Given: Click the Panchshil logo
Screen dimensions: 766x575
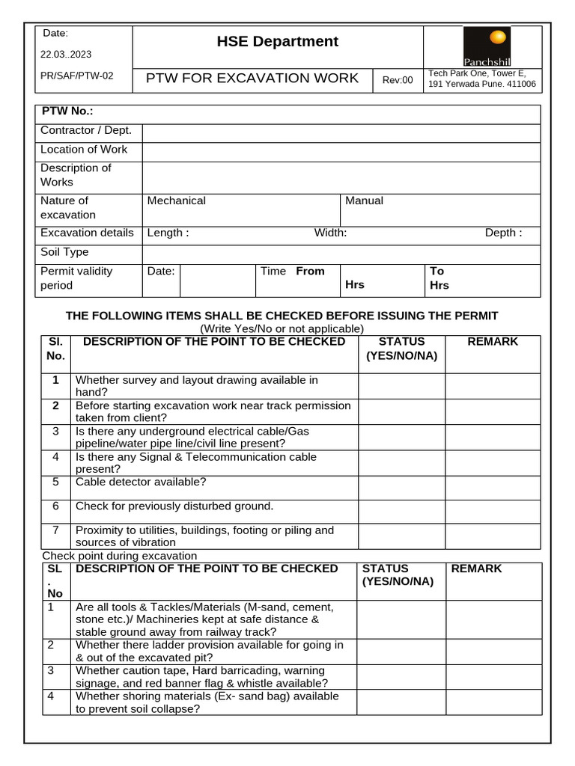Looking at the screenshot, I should [487, 46].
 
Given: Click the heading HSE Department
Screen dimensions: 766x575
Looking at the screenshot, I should [278, 42].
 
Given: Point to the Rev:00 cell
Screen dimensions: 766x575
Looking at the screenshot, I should [398, 80].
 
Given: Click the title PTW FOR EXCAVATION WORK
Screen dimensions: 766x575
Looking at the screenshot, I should [252, 79].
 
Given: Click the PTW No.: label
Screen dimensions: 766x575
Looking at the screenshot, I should [67, 111].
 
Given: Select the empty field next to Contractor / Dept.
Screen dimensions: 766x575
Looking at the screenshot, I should [341, 132].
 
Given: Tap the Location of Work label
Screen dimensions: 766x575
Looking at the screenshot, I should [84, 150].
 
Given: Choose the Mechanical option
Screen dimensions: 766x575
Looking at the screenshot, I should [177, 200].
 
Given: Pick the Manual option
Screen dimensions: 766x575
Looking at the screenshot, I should [364, 200].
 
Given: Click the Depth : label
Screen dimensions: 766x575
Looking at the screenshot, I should [503, 233].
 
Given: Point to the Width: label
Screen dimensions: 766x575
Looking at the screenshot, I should [330, 233].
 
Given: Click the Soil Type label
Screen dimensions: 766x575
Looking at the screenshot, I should [64, 253].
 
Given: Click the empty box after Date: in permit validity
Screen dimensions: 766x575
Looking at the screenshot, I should [218, 280].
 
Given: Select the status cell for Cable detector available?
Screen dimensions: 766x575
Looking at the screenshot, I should [402, 488].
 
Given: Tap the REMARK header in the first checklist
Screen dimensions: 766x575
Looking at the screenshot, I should [492, 342].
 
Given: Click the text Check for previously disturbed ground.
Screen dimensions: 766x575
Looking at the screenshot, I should [174, 506].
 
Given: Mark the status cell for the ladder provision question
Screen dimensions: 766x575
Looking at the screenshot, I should [401, 651].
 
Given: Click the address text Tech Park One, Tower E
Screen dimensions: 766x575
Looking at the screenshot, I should [477, 73].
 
